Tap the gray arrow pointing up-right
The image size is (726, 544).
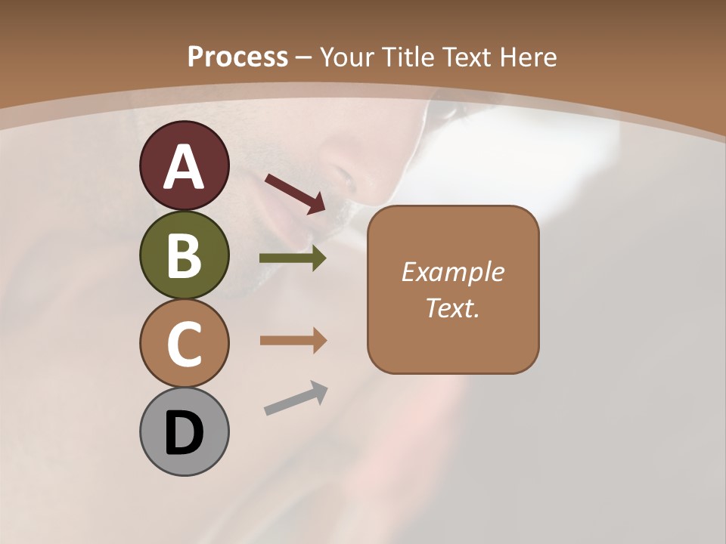[x=296, y=399]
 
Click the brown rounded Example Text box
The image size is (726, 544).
[x=453, y=289]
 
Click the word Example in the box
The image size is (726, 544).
[x=453, y=272]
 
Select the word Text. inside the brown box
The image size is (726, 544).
[x=453, y=308]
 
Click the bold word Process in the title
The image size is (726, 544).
[x=237, y=57]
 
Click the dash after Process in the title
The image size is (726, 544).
[x=304, y=57]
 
